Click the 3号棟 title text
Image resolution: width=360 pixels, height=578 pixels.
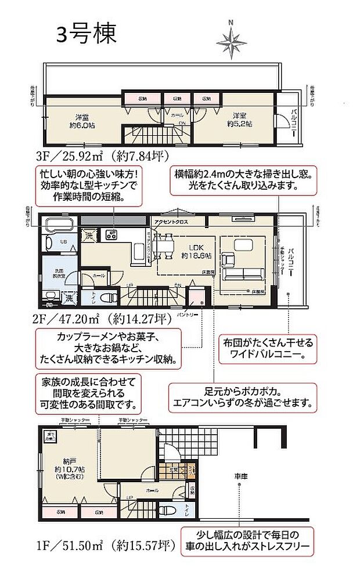(x=86, y=34)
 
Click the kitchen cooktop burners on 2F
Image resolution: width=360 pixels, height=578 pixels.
(x=110, y=235)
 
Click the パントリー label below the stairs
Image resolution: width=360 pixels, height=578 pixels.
(x=195, y=314)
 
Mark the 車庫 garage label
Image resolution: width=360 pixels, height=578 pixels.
(x=240, y=476)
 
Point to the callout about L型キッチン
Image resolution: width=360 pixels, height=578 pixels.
(x=91, y=186)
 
